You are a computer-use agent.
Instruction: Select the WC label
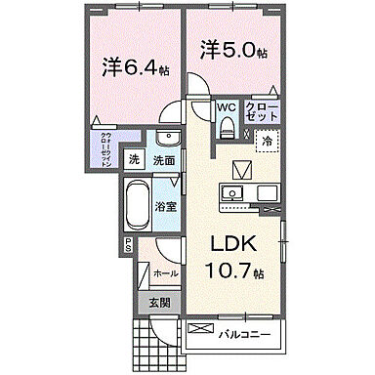(225, 108)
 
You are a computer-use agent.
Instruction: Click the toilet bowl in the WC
(226, 125)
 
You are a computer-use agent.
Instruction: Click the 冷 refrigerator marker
(267, 141)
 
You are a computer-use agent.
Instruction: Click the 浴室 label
(166, 206)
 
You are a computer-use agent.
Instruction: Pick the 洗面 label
(163, 160)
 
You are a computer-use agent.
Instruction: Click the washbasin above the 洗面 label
(166, 138)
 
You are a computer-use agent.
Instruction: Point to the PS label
(126, 247)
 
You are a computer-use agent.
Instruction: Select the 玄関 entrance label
(159, 304)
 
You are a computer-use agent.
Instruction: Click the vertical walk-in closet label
(104, 149)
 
